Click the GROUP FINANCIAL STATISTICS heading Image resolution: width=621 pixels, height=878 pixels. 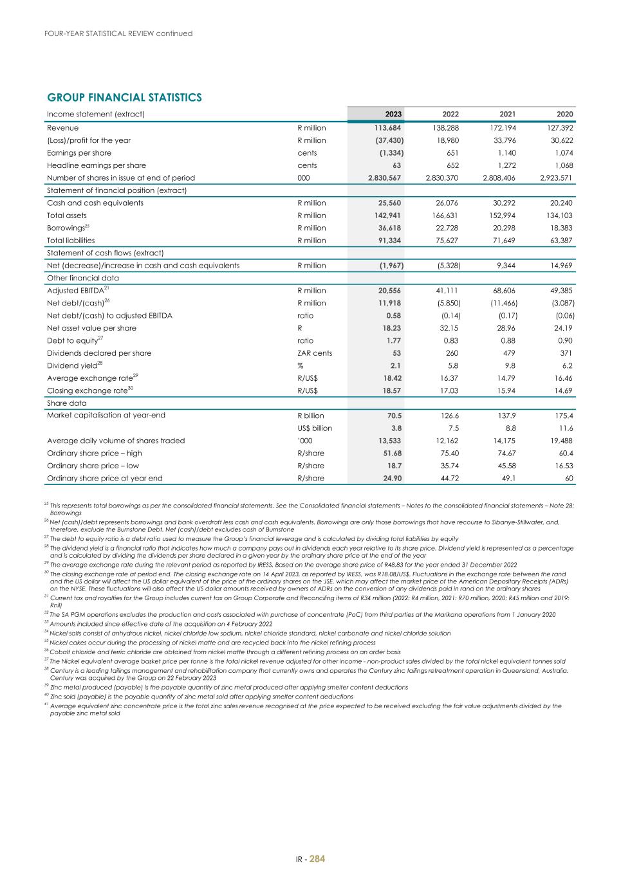(x=124, y=98)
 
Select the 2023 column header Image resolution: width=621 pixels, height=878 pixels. (x=393, y=114)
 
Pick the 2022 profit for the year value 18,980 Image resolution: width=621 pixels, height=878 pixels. (x=447, y=140)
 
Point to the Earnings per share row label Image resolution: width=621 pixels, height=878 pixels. (x=79, y=153)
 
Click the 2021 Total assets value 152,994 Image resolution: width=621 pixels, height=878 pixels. (x=504, y=215)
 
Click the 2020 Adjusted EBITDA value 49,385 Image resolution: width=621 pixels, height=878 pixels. (x=561, y=291)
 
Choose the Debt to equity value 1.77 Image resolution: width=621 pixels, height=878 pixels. (x=393, y=341)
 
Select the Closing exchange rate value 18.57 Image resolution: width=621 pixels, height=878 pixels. (x=391, y=391)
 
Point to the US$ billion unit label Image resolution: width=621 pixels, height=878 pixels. (x=315, y=428)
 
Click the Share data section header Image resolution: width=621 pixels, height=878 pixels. (x=67, y=403)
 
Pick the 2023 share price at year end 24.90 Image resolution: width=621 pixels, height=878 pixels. (x=391, y=479)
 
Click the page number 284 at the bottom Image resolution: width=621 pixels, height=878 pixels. (x=317, y=858)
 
